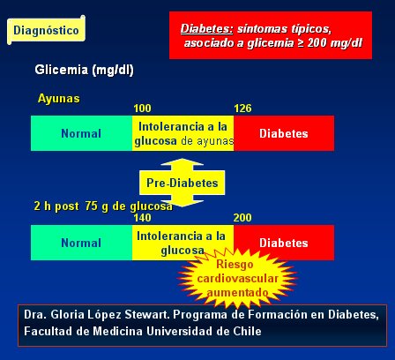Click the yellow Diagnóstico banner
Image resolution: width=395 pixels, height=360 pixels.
tap(47, 30)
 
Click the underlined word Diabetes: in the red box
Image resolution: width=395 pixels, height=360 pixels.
tap(206, 29)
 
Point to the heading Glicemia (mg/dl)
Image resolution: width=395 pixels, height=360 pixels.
tap(84, 70)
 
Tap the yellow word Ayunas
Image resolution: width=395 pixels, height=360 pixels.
tap(59, 98)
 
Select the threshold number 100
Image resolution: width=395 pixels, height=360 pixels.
tap(142, 109)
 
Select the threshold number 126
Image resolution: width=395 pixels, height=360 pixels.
tap(242, 109)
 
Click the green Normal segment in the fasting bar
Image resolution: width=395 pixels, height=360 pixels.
tap(81, 133)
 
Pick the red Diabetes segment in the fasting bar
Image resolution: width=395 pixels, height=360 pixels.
tap(284, 133)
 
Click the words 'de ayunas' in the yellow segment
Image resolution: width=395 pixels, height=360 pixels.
tap(207, 141)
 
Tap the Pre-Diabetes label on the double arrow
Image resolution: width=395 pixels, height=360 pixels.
tap(183, 183)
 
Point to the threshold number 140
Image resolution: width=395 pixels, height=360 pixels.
tap(142, 218)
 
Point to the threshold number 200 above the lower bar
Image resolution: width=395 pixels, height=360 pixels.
tap(242, 218)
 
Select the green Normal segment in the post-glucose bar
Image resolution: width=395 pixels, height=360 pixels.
tap(81, 243)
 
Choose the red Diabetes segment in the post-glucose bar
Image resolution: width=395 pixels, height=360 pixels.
tap(284, 243)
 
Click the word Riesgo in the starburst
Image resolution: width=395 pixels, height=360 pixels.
tap(235, 264)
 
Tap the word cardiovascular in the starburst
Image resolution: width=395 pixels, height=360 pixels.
tap(237, 278)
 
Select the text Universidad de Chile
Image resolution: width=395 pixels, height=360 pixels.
tap(204, 331)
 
